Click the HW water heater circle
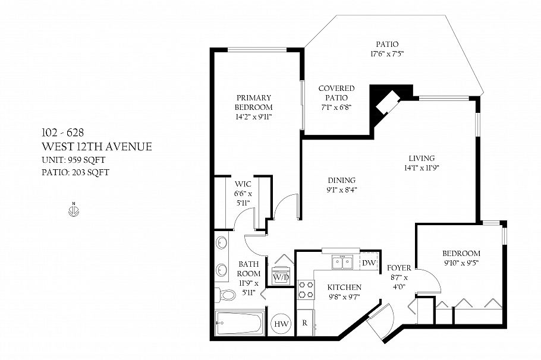coord(281,324)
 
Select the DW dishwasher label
coord(369,263)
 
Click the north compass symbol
coord(73,210)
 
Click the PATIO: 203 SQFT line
coord(76,172)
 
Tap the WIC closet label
coord(242,185)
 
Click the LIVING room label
coord(422,158)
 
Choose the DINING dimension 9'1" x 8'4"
coord(341,190)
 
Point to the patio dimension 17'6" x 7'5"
coord(387,53)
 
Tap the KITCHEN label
coord(345,287)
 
